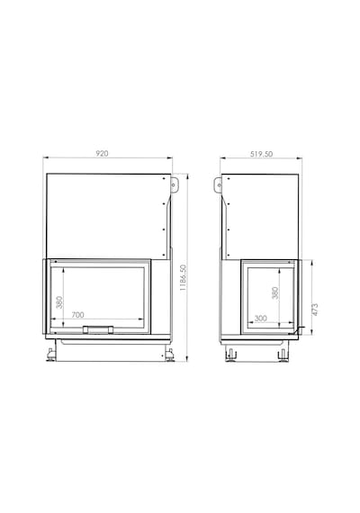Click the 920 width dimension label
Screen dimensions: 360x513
102,153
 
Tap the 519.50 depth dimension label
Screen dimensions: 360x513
261,154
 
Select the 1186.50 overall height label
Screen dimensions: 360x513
183,278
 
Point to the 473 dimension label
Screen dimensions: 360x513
315,310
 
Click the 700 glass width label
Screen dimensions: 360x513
78,315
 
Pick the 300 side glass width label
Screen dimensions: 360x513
260,318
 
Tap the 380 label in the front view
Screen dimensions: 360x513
59,302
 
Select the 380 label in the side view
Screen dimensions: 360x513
274,292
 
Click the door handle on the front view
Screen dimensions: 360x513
98,329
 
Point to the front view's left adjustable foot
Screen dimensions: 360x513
50,355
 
